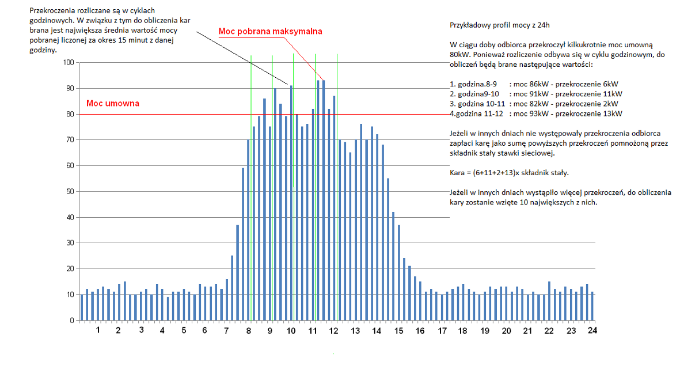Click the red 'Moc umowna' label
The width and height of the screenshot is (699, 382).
[113, 103]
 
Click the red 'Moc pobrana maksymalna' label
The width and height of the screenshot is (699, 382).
[270, 31]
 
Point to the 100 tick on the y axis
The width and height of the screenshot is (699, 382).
[69, 62]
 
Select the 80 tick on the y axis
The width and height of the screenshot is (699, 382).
[70, 114]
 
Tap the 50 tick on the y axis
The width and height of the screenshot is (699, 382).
[70, 191]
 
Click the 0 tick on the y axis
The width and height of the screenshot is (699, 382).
[72, 320]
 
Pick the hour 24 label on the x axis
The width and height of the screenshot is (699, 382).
[592, 331]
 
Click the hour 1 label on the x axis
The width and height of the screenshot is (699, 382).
[98, 330]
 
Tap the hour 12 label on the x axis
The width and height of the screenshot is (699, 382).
[333, 331]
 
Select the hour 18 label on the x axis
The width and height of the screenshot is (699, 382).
[462, 331]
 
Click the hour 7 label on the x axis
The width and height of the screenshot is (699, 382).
[226, 331]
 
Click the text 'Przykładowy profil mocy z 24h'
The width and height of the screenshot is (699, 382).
[500, 25]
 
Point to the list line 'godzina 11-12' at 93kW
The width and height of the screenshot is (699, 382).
[536, 114]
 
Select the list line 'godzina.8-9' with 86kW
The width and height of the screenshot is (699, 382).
[534, 84]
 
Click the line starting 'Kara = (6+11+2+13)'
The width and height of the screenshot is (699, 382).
[509, 173]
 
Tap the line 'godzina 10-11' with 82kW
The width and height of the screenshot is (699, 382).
[534, 104]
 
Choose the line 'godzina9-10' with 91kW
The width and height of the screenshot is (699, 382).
[536, 94]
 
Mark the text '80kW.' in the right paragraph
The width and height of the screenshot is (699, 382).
[460, 55]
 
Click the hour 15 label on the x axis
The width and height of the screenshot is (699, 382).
[398, 331]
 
